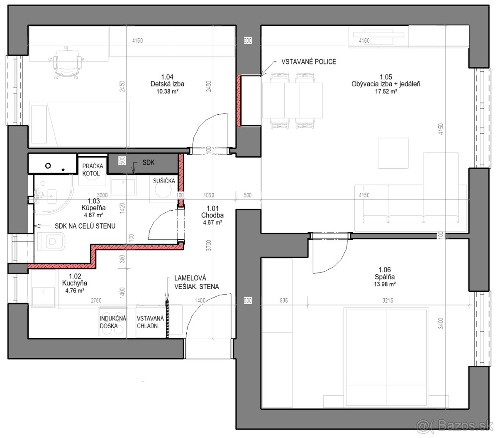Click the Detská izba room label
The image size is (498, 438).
point(167,84)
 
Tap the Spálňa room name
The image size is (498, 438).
point(385,277)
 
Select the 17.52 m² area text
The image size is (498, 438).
point(386,91)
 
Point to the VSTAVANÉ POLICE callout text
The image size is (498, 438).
point(308,62)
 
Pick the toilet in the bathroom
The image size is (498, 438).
point(51,241)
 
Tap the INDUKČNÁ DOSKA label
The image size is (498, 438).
point(113,322)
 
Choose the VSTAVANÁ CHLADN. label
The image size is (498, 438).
point(150,322)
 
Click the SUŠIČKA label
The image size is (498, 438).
point(164,181)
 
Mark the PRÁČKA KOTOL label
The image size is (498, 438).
point(93,170)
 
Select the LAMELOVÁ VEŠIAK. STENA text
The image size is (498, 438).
point(196,282)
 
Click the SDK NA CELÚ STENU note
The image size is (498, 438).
point(85,226)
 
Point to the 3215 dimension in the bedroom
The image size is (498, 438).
point(388,300)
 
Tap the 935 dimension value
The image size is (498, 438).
point(284,300)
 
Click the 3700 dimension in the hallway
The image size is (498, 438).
point(208,246)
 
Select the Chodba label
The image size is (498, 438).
point(212,215)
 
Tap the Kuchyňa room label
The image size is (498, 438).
point(74,283)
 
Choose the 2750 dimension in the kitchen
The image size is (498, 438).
point(96,300)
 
